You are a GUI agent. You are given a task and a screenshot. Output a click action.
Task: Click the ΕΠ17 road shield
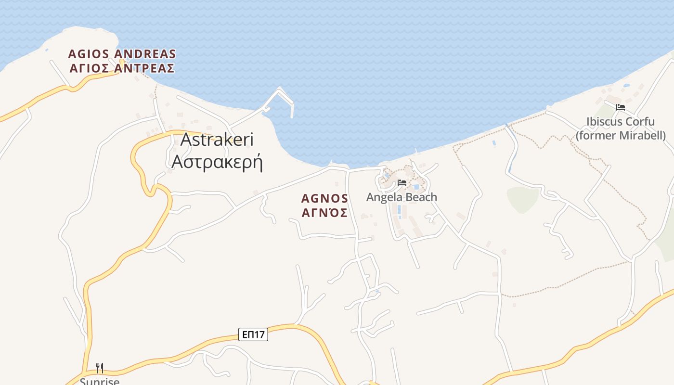[253, 334]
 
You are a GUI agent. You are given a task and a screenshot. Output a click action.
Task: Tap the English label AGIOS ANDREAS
[122, 54]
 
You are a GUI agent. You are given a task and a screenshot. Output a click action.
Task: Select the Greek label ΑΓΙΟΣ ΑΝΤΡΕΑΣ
[122, 68]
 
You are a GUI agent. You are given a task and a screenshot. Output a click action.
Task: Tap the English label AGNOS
[324, 198]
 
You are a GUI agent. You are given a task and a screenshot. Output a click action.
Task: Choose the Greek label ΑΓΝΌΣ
[324, 213]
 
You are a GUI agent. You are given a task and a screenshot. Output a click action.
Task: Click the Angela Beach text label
[402, 197]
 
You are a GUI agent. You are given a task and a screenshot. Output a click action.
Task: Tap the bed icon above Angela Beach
[402, 183]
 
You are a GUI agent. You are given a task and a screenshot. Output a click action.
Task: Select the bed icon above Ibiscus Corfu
[621, 107]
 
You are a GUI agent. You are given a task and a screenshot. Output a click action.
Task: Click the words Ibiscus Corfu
[621, 121]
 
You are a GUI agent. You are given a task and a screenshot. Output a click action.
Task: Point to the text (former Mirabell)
[621, 135]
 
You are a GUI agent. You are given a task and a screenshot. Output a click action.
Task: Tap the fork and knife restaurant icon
[100, 368]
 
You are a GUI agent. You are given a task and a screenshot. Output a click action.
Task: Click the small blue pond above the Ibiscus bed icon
[626, 86]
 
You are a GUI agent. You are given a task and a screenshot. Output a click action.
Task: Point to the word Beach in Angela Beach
[421, 197]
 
